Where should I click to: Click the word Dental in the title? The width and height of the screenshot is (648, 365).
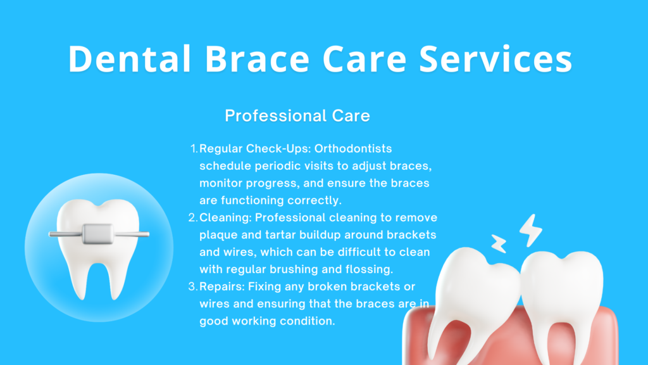coord(130,59)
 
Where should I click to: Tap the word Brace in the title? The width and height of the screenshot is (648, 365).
coord(257,59)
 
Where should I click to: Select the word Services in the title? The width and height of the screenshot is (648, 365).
coord(495,59)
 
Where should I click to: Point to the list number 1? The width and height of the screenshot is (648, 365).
coord(194,148)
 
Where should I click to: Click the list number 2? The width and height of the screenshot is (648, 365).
coord(193,218)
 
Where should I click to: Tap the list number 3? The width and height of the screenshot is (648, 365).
coord(193,286)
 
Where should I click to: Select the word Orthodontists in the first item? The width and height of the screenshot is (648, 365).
coord(353,148)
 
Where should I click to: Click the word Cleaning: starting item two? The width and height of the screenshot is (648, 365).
coord(226,218)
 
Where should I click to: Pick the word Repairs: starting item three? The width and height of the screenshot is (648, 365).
coord(222,287)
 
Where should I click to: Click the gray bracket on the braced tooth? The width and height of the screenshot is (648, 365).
coord(97,234)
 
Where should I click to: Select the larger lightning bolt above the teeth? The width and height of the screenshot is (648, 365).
coord(531,231)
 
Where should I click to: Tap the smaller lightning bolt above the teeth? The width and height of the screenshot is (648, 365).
coord(499,244)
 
